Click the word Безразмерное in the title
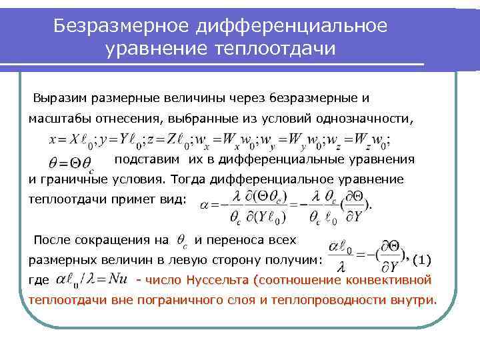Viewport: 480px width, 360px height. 124,26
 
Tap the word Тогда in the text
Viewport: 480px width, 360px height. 188,180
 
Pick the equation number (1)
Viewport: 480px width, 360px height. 427,259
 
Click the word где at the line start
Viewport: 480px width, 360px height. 39,279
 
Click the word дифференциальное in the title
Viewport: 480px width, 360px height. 293,26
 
